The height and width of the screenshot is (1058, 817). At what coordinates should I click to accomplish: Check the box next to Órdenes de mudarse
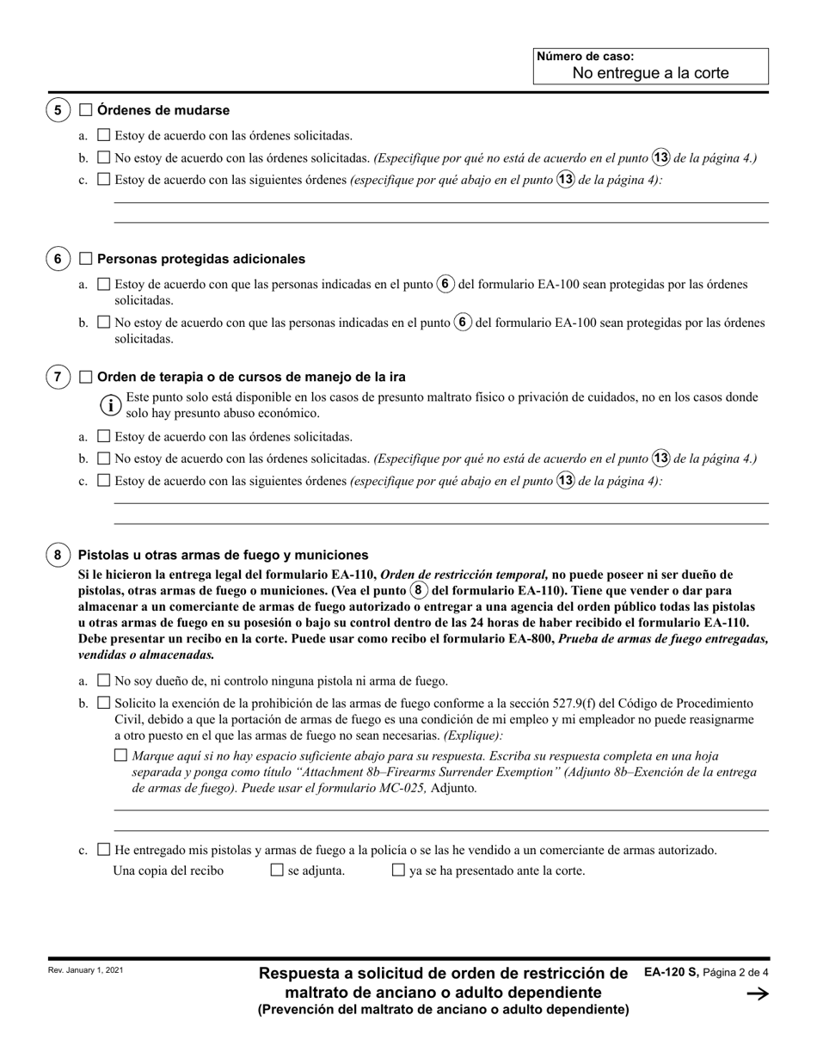pyautogui.click(x=85, y=110)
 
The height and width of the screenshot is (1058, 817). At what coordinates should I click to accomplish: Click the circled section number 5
pyautogui.click(x=58, y=110)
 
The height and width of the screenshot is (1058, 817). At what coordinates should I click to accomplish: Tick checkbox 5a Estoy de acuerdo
pyautogui.click(x=104, y=135)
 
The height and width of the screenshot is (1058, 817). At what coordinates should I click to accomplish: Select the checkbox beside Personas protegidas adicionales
pyautogui.click(x=85, y=259)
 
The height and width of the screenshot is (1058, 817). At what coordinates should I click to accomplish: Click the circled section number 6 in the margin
pyautogui.click(x=58, y=259)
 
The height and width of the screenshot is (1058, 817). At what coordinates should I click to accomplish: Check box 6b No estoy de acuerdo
pyautogui.click(x=104, y=323)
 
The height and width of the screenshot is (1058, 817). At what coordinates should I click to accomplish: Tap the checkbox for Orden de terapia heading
pyautogui.click(x=85, y=377)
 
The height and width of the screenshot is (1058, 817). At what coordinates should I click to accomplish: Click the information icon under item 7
pyautogui.click(x=112, y=404)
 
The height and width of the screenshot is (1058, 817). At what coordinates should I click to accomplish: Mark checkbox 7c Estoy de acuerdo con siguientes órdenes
pyautogui.click(x=104, y=481)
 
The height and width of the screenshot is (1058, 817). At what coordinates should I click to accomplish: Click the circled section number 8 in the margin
pyautogui.click(x=58, y=555)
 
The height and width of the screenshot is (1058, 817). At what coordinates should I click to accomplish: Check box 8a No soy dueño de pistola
pyautogui.click(x=104, y=680)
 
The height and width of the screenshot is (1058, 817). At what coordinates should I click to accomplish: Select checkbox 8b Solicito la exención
pyautogui.click(x=104, y=703)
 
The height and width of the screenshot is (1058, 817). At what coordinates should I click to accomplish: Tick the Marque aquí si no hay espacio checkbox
pyautogui.click(x=120, y=755)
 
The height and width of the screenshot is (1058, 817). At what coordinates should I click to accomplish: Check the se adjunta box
pyautogui.click(x=277, y=870)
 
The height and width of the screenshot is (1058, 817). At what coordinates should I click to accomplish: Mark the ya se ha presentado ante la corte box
pyautogui.click(x=398, y=870)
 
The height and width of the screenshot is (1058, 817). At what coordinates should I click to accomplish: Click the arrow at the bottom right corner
pyautogui.click(x=757, y=994)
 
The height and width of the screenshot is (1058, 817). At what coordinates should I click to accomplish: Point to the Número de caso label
pyautogui.click(x=585, y=57)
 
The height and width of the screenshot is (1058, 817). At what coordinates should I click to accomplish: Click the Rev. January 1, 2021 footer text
pyautogui.click(x=86, y=970)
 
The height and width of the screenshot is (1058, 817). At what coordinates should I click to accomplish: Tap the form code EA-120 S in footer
pyautogui.click(x=671, y=972)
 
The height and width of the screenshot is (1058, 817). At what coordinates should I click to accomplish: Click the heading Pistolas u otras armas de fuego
pyautogui.click(x=223, y=555)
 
